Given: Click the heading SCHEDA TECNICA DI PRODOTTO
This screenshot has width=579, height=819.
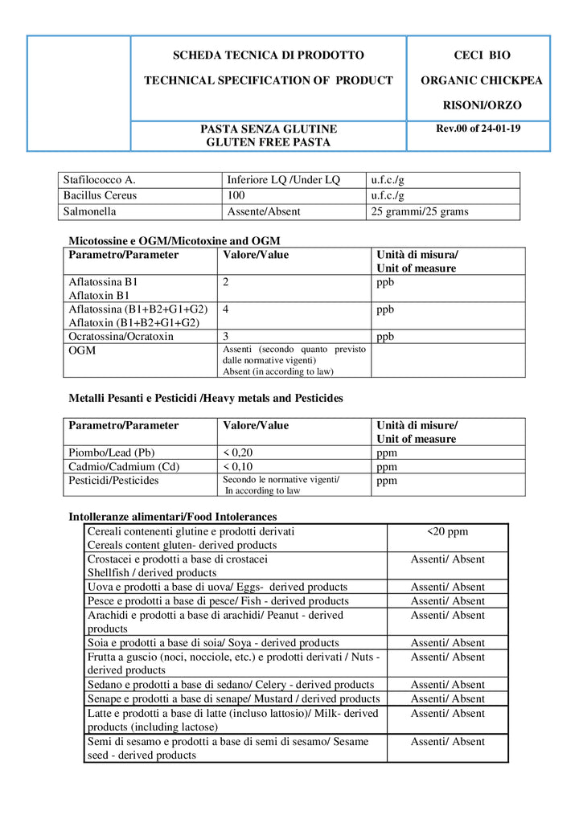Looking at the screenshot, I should tap(269, 55).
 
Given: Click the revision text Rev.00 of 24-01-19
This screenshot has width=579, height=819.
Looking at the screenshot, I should tap(478, 128).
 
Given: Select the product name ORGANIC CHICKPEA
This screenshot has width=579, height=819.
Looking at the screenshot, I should tap(482, 80).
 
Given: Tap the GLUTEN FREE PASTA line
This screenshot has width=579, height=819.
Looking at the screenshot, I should tap(269, 142).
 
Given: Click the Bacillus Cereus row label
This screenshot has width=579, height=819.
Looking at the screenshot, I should tap(100, 195).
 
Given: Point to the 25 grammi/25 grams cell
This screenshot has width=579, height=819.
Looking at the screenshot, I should tap(420, 211).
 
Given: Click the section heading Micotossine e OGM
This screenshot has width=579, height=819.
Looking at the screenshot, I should tap(175, 240).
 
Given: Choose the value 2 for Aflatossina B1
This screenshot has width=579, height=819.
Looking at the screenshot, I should tap(227, 283).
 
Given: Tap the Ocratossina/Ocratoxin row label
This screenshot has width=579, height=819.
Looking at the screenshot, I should tap(121, 337).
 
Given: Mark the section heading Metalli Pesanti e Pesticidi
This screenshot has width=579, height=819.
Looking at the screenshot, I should tap(206, 398).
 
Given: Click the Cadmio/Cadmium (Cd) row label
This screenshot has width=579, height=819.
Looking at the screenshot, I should tap(124, 466).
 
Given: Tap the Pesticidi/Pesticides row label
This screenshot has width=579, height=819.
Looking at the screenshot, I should tap(113, 481).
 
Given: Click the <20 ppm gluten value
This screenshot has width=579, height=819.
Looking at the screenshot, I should tap(447, 531).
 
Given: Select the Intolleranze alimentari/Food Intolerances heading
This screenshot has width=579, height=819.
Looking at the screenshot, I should tap(173, 517).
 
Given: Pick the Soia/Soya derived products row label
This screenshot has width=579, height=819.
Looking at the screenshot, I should tap(213, 643).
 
